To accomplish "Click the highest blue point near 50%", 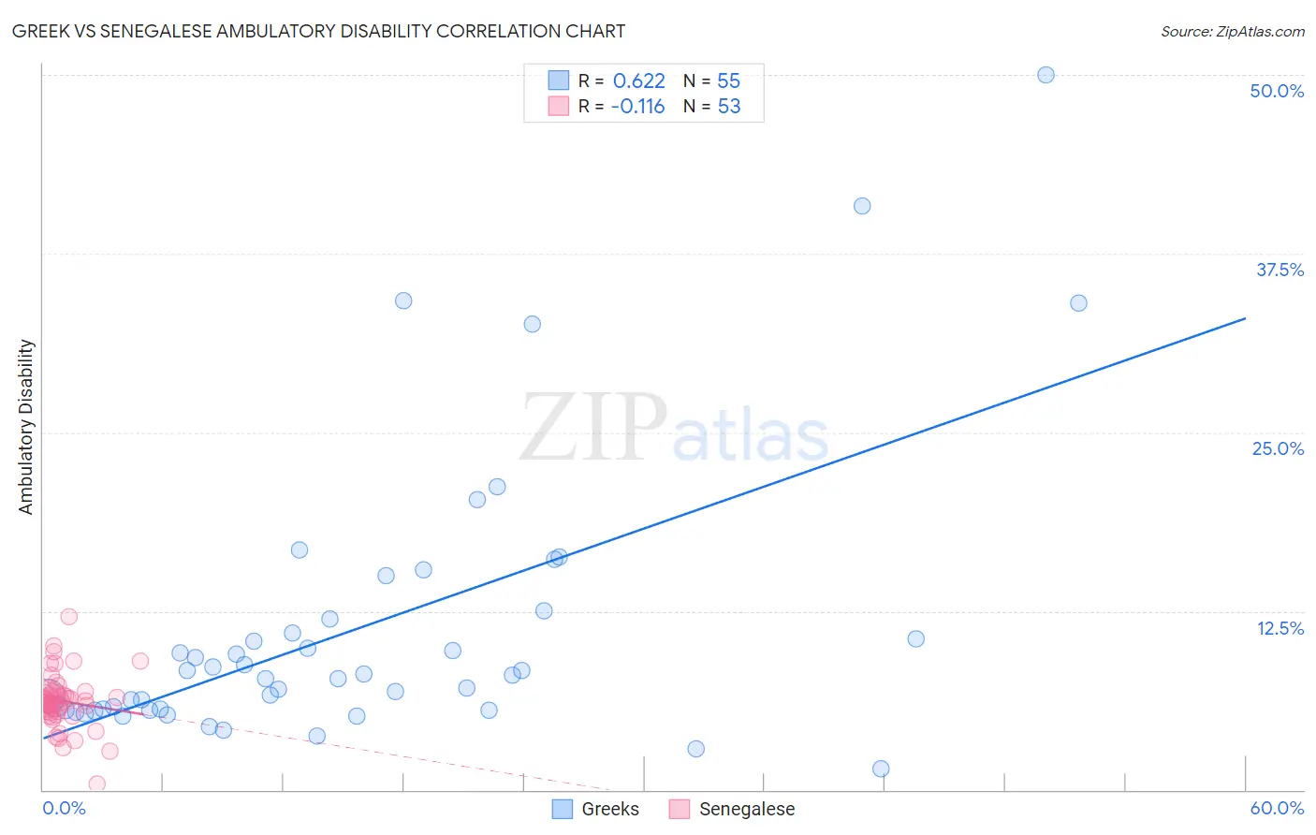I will (x=1045, y=75).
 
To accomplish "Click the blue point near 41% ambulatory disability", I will (x=862, y=206).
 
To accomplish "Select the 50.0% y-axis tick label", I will (x=1277, y=91).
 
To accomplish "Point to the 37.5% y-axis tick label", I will (x=1279, y=270).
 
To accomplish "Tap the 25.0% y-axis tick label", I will (x=1278, y=448).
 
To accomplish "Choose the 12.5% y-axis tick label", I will (x=1279, y=628).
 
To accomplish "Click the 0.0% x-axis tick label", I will (x=64, y=808).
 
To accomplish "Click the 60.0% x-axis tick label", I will (x=1277, y=808).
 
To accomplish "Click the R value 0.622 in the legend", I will (x=638, y=81).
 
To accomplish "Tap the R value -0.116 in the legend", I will (x=637, y=107).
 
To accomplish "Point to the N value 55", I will (x=728, y=81).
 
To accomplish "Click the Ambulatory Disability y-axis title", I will (x=26, y=427).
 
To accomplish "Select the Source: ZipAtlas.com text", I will (x=1232, y=32).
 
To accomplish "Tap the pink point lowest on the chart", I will (x=96, y=784).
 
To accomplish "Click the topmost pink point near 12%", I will (x=68, y=616).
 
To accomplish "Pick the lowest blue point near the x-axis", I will (x=881, y=769).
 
